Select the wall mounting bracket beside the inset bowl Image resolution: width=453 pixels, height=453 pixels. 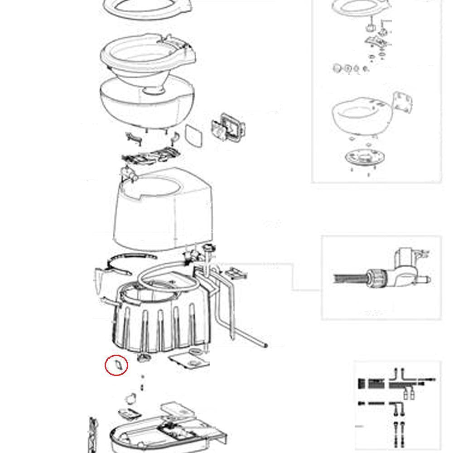click(402, 104)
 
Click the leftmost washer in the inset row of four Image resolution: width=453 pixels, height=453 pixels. click(337, 68)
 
